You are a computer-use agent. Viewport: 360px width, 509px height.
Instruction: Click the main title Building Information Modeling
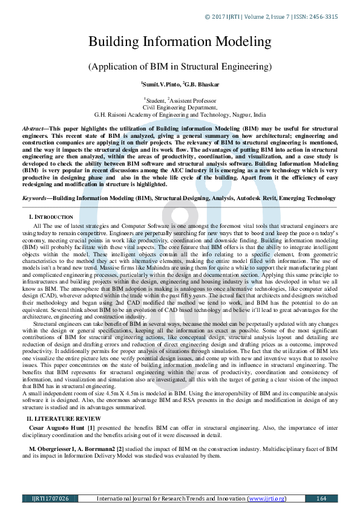[x=180, y=42]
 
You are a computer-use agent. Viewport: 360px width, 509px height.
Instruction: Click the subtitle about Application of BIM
[x=180, y=66]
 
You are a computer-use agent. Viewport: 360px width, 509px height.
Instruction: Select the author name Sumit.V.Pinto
[x=160, y=85]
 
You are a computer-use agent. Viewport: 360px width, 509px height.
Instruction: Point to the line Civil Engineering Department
[x=180, y=106]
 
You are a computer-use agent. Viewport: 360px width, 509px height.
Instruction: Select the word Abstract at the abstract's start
[x=33, y=129]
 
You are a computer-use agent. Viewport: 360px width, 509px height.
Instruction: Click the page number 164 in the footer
[x=321, y=498]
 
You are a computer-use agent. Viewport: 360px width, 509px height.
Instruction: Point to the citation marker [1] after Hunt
[x=91, y=428]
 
